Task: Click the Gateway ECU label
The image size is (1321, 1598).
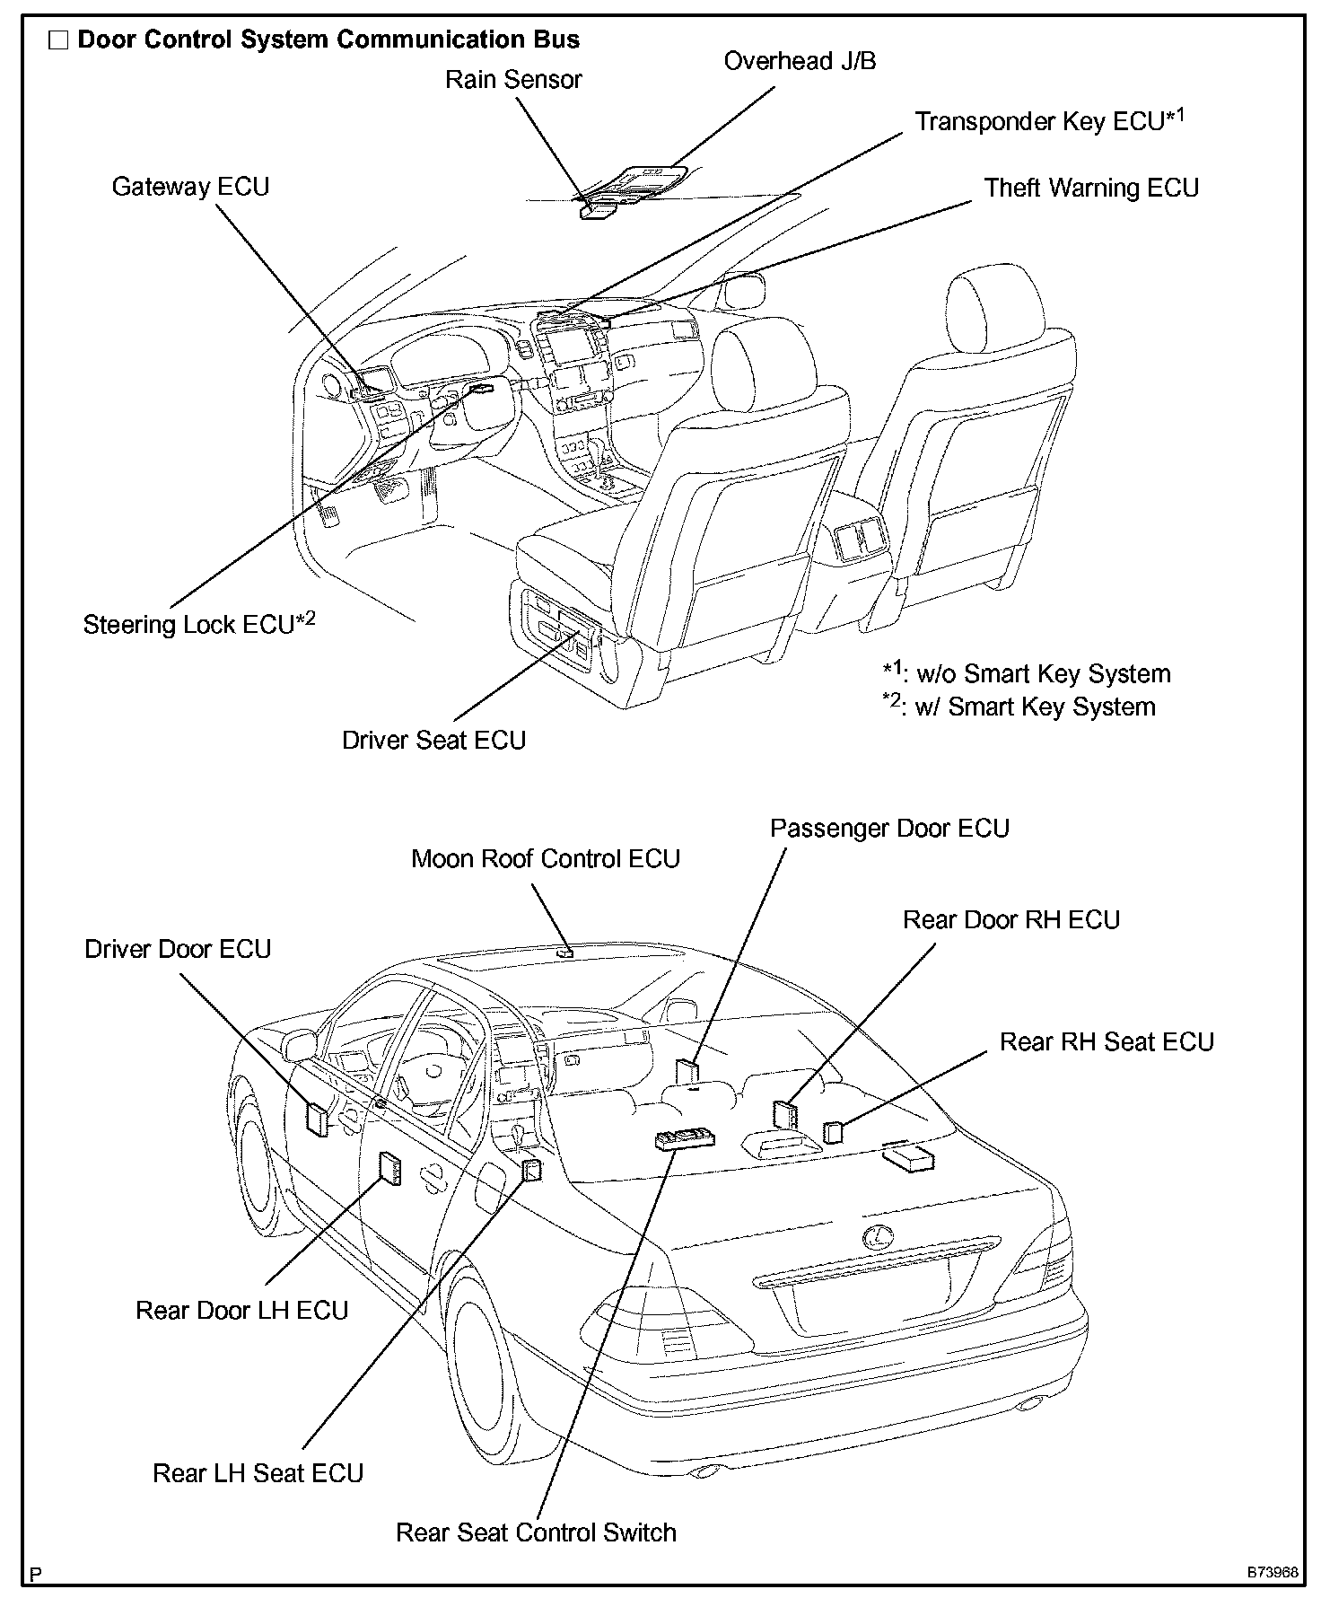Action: tap(190, 187)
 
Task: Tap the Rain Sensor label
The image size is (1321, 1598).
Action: tap(513, 80)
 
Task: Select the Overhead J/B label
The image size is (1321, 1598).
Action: tap(800, 61)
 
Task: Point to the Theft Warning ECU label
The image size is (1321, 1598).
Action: tap(1091, 188)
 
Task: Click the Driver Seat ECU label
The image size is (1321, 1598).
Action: tap(433, 741)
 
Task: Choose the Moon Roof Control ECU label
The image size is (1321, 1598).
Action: tap(545, 859)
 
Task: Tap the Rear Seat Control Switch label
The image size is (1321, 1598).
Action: tap(536, 1532)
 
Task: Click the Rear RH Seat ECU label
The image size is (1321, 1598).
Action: tap(1107, 1042)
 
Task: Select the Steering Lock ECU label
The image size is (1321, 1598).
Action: tap(198, 624)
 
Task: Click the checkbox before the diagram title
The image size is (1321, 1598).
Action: tap(59, 40)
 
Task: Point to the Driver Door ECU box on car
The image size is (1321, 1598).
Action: tap(318, 1118)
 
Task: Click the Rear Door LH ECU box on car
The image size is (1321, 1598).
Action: tap(390, 1169)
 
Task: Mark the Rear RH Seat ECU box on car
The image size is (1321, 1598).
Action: tap(834, 1131)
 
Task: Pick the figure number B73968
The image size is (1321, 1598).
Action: tap(1271, 1573)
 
